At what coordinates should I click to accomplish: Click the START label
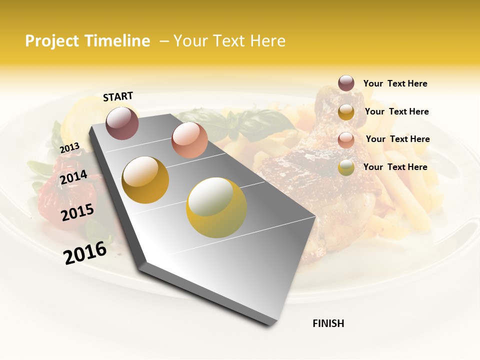click(118, 96)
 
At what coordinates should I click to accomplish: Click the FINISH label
click(328, 323)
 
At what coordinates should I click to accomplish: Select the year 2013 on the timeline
click(69, 147)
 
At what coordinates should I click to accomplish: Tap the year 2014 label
click(73, 177)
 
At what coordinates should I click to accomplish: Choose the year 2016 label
click(85, 253)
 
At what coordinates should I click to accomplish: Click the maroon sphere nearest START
click(122, 123)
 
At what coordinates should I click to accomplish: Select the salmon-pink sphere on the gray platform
click(189, 140)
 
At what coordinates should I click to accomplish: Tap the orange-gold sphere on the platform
click(145, 180)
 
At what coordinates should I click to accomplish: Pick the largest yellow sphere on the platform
click(216, 207)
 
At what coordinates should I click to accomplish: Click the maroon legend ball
click(346, 83)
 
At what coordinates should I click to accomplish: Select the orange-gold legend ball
click(346, 112)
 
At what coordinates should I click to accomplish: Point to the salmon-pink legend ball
click(346, 139)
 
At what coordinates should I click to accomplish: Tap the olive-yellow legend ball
click(346, 167)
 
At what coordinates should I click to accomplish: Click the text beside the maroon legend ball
click(395, 83)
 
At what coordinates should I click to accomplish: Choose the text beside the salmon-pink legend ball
click(397, 139)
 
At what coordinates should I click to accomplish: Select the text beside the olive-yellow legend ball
click(395, 167)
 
